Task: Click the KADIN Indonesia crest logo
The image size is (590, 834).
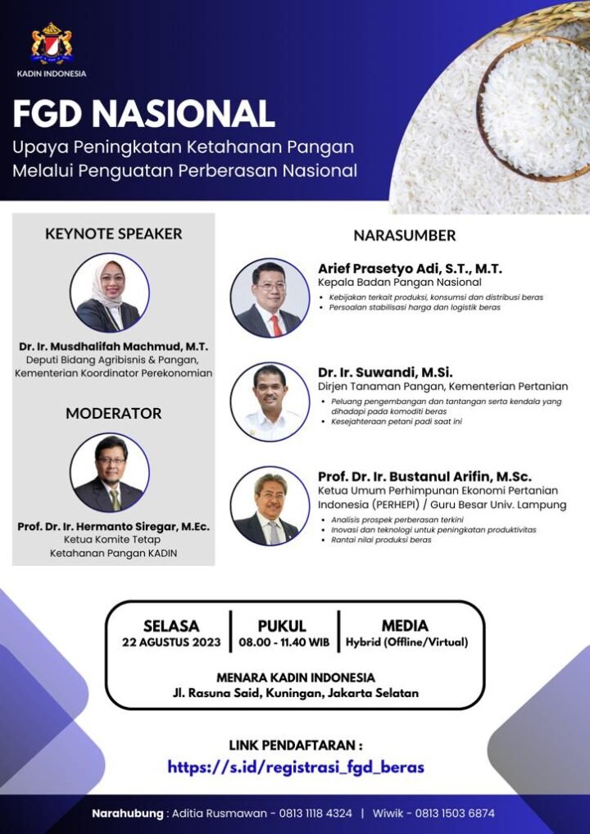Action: point(52,43)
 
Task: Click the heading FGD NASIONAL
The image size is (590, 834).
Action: point(143,114)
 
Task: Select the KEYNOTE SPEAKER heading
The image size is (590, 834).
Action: point(113,233)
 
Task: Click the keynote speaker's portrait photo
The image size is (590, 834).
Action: point(110,292)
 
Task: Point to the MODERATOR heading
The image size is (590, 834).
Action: point(113,413)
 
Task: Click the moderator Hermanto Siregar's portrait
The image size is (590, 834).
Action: point(110,473)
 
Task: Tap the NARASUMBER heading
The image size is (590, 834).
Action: point(404,236)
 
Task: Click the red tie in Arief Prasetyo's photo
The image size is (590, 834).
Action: point(276,325)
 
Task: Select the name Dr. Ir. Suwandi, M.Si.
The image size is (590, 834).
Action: point(385,372)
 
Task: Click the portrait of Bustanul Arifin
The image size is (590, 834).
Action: point(270,505)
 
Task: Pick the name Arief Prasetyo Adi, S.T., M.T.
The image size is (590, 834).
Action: point(410,269)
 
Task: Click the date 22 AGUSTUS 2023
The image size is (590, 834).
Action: point(171,642)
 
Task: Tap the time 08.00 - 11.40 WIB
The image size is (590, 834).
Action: point(284,642)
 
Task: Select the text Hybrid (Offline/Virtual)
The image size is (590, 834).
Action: point(407,642)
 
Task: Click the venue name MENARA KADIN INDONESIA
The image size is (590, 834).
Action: point(296,678)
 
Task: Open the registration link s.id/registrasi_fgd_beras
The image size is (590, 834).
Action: point(296,768)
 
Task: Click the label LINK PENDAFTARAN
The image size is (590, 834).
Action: point(296,746)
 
